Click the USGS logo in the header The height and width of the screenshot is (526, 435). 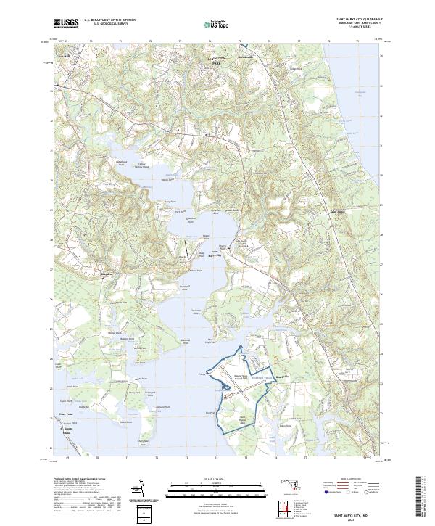click(x=67, y=23)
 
